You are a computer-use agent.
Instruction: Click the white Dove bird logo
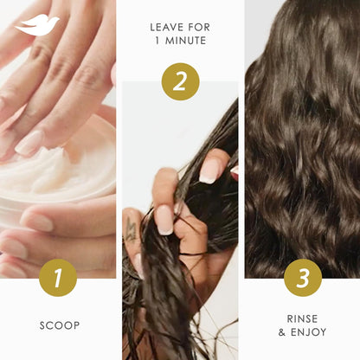[x=36, y=24]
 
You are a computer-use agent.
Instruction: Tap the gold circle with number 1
[x=57, y=278]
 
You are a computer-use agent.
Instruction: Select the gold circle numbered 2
[x=180, y=82]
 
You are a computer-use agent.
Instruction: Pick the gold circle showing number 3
[x=302, y=278]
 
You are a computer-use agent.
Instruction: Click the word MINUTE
[x=185, y=41]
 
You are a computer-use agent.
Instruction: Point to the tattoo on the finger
[x=132, y=230]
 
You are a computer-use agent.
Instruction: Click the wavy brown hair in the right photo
[x=302, y=138]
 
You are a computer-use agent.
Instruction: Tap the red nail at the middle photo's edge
[x=235, y=172]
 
